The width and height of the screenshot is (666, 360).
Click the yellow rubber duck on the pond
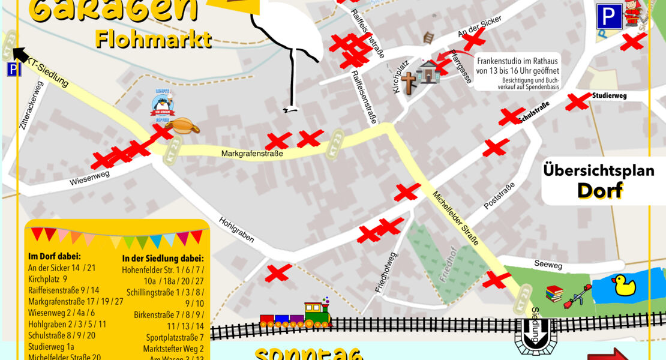(623, 286)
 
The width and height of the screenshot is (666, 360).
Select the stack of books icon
(554, 294)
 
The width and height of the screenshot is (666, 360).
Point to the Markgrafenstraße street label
(252, 154)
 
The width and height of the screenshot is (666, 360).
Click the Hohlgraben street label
(236, 230)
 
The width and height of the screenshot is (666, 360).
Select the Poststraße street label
(499, 196)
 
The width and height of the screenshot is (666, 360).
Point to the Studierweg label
(609, 95)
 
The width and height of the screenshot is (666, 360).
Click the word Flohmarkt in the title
(153, 40)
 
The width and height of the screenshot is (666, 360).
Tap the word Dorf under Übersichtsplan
(599, 190)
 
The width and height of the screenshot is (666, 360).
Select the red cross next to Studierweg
(578, 101)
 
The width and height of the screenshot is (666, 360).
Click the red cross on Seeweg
(497, 280)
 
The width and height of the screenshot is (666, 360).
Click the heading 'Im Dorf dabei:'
(53, 256)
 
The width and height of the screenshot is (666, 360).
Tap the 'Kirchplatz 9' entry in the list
(47, 278)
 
